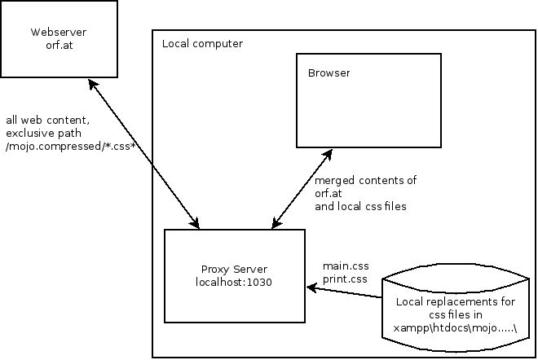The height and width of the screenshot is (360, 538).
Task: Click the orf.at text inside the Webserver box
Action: [60, 44]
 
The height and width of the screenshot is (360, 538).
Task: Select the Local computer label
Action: [202, 43]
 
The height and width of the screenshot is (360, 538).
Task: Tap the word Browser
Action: [329, 73]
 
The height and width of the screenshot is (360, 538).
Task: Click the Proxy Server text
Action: [234, 270]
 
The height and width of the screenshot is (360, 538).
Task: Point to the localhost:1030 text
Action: [234, 282]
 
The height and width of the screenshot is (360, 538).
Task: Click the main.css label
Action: [345, 267]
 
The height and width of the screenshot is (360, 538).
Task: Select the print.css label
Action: [345, 279]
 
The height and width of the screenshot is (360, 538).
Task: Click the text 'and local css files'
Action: [360, 207]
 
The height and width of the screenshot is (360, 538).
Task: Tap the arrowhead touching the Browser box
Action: [328, 152]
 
